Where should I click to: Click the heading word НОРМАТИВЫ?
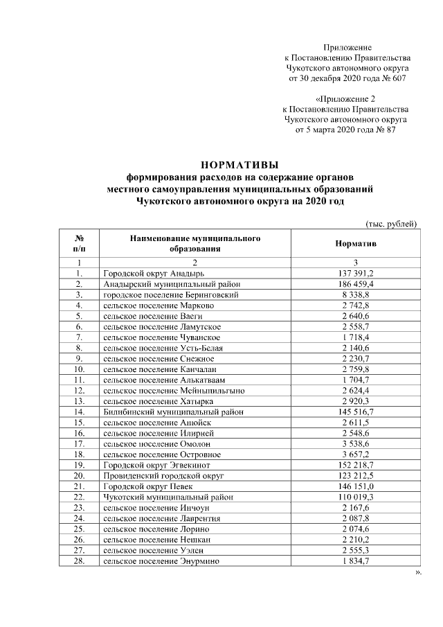239,164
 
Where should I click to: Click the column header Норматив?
355,245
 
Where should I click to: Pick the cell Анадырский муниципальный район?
170,284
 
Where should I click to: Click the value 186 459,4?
355,284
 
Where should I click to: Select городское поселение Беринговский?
171,294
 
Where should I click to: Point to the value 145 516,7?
355,412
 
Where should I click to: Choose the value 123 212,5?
355,475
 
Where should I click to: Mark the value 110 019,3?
355,496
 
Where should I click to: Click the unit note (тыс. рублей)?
390,222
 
